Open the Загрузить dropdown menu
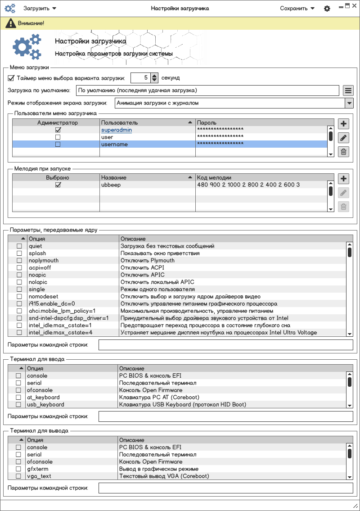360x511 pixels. [x=40, y=8]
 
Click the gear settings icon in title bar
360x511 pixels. [x=327, y=9]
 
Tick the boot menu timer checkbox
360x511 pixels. [x=11, y=78]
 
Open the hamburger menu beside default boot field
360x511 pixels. [x=348, y=90]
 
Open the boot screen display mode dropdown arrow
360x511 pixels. [x=349, y=103]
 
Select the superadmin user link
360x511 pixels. [x=117, y=130]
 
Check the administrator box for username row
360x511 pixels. [x=58, y=145]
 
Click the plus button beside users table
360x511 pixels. [x=343, y=124]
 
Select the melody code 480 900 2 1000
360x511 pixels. [x=248, y=185]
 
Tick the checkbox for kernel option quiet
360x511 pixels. [x=19, y=246]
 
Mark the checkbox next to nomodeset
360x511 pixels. [x=19, y=297]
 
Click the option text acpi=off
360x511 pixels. [x=40, y=268]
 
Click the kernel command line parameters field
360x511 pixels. [x=225, y=345]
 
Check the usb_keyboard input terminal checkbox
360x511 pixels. [x=18, y=405]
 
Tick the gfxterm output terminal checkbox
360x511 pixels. [x=18, y=469]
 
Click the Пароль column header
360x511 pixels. [x=261, y=122]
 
